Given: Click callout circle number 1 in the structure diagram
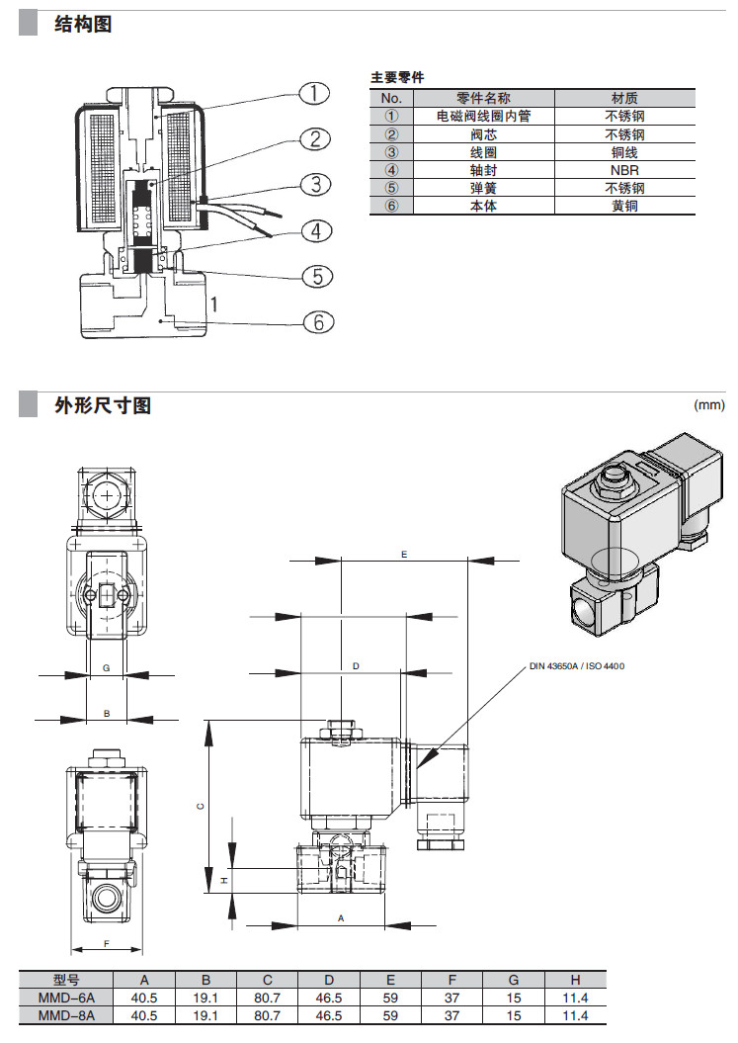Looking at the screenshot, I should [313, 94].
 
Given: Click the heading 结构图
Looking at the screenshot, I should [83, 24].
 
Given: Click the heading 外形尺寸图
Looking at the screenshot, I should [104, 404].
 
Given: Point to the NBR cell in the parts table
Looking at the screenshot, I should [624, 170].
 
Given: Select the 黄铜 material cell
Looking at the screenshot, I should [624, 206].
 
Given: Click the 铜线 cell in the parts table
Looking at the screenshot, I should [624, 152].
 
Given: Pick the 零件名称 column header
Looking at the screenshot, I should [484, 98].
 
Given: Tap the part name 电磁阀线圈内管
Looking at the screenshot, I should [484, 116].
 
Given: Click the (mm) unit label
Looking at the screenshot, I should [709, 404].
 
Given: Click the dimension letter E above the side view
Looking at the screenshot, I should [404, 556].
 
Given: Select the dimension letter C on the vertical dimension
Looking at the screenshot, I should [200, 806].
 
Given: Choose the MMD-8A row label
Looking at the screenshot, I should [66, 1015].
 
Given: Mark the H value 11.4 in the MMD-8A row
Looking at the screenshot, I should [573, 1015].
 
